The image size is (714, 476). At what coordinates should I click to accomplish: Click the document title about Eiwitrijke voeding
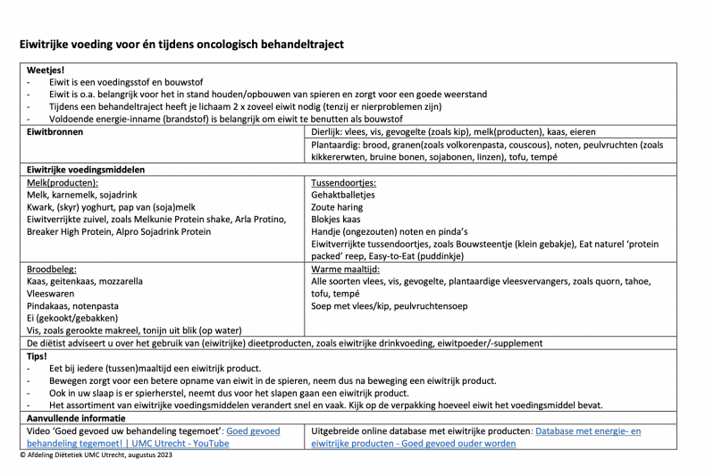[x=181, y=44]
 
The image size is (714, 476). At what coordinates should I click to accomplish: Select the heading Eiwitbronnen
[x=55, y=131]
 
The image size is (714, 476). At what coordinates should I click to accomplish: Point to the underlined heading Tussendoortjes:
[x=343, y=181]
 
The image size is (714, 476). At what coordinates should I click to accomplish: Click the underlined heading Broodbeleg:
[x=52, y=268]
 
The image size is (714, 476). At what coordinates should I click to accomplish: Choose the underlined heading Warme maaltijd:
[x=346, y=268]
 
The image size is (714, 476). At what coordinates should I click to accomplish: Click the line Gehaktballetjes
[x=344, y=194]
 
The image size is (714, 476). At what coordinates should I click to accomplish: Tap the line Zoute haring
[x=337, y=206]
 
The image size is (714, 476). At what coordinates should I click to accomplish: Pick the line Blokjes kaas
[x=336, y=219]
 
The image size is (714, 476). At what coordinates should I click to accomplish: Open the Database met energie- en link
[x=585, y=430]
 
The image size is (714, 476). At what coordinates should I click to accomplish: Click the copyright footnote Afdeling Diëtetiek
[x=98, y=455]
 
